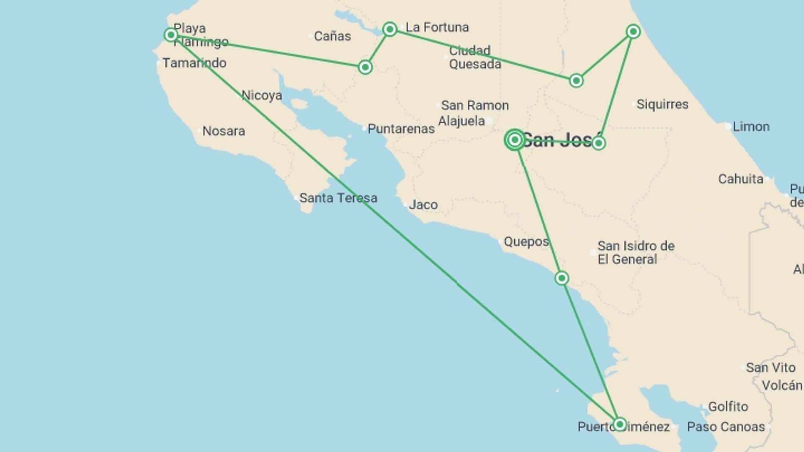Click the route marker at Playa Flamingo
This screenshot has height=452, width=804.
coord(170,35)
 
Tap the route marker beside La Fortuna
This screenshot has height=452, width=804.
coord(390,29)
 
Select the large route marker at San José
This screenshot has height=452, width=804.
coord(515,140)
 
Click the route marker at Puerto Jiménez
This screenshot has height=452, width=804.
coord(619,424)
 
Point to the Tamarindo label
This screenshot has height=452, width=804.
coord(194,63)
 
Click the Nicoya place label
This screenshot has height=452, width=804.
coord(262,95)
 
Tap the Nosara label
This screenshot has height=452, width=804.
coord(224,131)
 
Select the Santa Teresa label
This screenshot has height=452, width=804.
coord(338,198)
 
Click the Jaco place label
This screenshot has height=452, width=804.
coord(423,205)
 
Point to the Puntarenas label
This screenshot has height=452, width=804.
coord(401,129)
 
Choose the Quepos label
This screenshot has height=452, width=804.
coord(526,241)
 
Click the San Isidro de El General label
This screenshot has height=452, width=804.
coord(636,252)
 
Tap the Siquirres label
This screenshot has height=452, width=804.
coord(662,104)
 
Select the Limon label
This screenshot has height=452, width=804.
coord(750,126)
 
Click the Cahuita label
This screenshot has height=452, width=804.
coord(740,179)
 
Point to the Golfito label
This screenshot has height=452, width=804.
coord(728,406)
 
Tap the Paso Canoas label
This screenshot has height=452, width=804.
coord(726,427)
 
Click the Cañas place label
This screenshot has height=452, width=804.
coord(332,36)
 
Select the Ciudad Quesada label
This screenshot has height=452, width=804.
coord(474,57)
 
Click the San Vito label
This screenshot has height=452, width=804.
coord(770,367)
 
